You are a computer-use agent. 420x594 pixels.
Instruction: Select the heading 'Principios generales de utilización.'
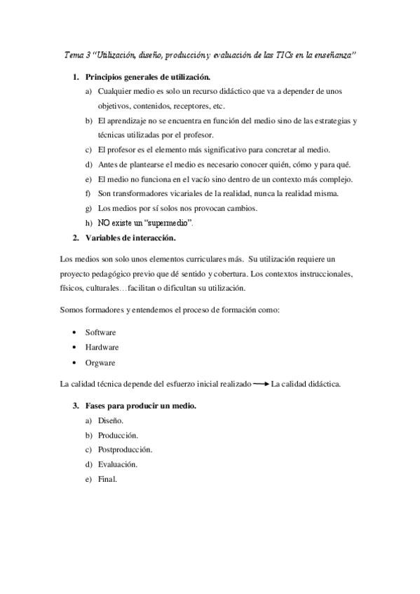[x=147, y=76]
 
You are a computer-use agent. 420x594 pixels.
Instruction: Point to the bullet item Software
[x=101, y=331]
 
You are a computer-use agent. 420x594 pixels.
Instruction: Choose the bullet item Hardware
[x=102, y=347]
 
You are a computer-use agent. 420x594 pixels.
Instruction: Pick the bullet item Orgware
[x=100, y=363]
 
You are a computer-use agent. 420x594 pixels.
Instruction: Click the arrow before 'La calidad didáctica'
[x=260, y=383]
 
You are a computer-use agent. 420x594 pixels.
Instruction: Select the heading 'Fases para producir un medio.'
[x=140, y=406]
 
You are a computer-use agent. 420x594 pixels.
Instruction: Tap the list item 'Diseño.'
[x=111, y=420]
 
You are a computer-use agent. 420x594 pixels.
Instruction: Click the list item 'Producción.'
[x=118, y=435]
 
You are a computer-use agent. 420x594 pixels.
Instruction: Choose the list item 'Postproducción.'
[x=126, y=450]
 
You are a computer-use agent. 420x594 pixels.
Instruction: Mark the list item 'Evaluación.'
[x=118, y=464]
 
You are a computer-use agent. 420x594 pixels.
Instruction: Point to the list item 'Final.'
[x=107, y=479]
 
